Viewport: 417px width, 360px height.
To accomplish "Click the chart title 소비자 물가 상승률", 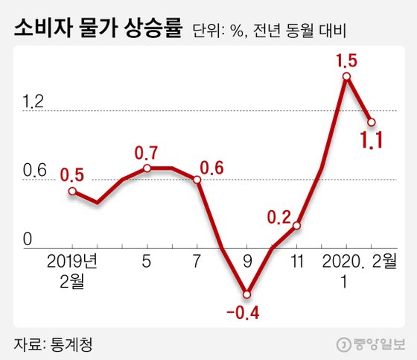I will tap(97, 31).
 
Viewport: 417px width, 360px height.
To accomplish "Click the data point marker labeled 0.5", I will tap(72, 192).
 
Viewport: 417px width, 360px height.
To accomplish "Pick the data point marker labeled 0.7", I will tap(147, 168).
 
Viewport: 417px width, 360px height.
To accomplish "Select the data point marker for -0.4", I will tap(247, 294).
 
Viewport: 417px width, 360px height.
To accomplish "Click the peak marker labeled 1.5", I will tap(346, 76).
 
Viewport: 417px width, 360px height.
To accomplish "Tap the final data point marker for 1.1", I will tap(371, 122).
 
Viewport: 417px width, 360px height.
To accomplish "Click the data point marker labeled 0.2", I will tap(296, 225).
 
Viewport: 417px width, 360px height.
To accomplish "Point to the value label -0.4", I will tap(246, 312).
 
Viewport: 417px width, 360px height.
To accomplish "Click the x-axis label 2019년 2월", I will tap(73, 270).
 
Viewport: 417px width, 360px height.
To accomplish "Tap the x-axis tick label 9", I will tap(247, 262).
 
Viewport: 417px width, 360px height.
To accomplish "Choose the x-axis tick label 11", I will tap(296, 262).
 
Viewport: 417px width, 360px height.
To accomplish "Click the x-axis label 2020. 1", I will tap(344, 270).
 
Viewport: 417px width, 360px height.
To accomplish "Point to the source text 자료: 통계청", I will tap(55, 344).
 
